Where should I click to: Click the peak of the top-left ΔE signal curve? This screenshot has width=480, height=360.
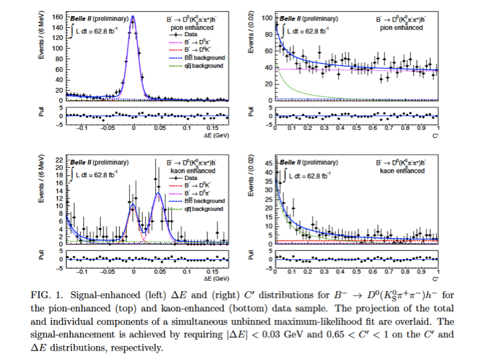(x=133, y=17)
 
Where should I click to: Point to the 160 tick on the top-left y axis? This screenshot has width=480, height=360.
(x=57, y=16)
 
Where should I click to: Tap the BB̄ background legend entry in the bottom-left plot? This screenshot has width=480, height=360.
(x=202, y=200)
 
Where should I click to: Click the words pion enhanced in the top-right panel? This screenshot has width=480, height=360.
(x=402, y=27)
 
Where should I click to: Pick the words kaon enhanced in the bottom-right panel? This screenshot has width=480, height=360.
(x=402, y=171)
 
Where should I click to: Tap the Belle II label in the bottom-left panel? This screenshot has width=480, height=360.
(x=83, y=161)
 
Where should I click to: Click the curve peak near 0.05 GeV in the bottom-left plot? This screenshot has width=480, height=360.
(x=159, y=193)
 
